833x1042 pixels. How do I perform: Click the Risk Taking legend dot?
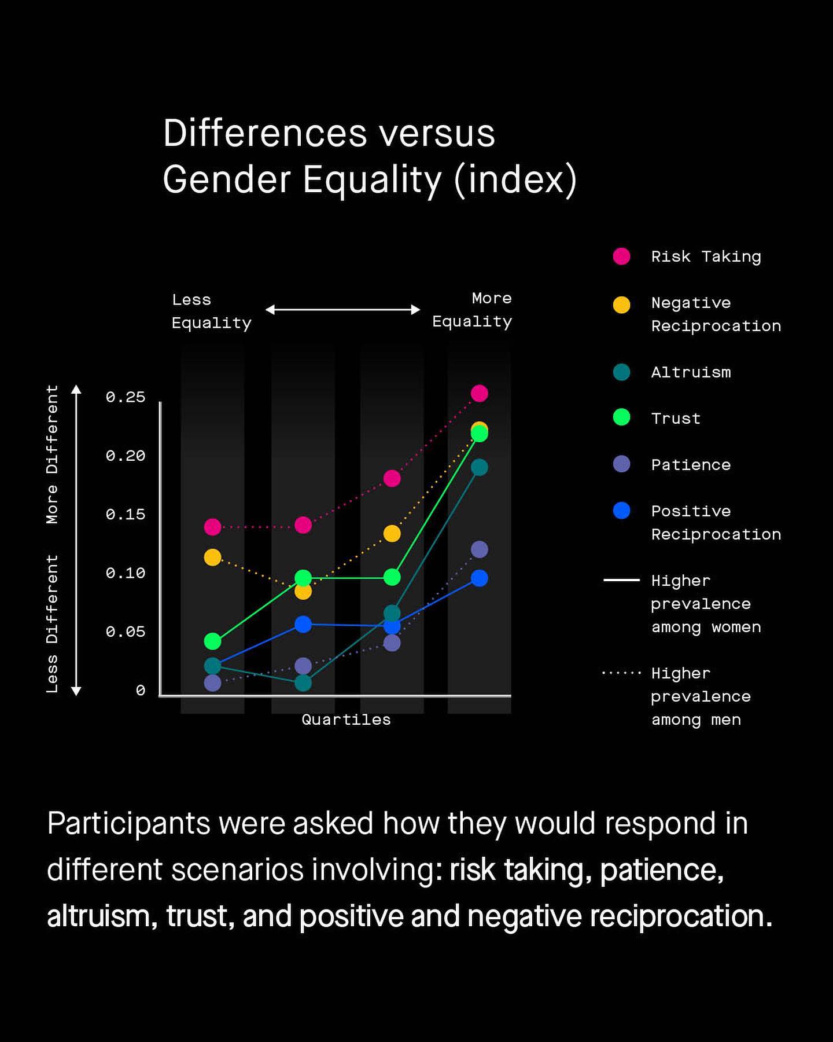pyautogui.click(x=621, y=256)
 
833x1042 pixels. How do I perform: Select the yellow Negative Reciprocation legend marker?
pyautogui.click(x=621, y=304)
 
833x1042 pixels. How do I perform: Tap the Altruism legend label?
pyautogui.click(x=691, y=372)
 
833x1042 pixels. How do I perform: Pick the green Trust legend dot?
pyautogui.click(x=621, y=417)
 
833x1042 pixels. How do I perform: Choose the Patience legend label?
pyautogui.click(x=691, y=465)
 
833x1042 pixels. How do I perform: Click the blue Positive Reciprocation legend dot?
pyautogui.click(x=621, y=511)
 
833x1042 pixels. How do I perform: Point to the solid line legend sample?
pyautogui.click(x=621, y=579)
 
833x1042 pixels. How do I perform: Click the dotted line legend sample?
pyautogui.click(x=621, y=673)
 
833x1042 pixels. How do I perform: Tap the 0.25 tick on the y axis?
pyautogui.click(x=125, y=397)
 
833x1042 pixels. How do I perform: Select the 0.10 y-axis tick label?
pyautogui.click(x=125, y=573)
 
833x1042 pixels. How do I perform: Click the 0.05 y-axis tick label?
pyautogui.click(x=125, y=632)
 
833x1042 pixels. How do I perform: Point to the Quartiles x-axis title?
pyautogui.click(x=346, y=720)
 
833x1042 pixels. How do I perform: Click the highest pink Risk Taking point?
pyautogui.click(x=479, y=394)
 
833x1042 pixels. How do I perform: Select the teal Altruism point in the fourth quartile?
pyautogui.click(x=479, y=467)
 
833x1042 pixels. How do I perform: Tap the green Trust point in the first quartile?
pyautogui.click(x=213, y=641)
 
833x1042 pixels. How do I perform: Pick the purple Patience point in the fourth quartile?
pyautogui.click(x=479, y=549)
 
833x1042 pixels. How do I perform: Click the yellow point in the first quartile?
pyautogui.click(x=213, y=557)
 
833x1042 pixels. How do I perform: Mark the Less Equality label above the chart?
pyautogui.click(x=211, y=311)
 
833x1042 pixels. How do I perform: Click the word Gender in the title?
pyautogui.click(x=227, y=179)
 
